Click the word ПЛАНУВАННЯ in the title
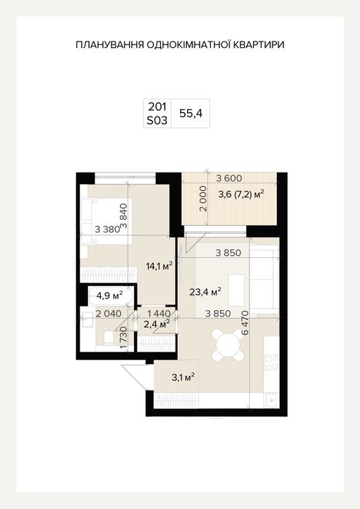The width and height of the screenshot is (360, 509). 109,45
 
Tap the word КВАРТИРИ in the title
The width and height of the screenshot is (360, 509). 258,45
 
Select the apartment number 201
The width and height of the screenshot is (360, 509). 157,106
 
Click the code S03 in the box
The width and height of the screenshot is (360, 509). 157,120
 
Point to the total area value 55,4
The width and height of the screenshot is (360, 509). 191,114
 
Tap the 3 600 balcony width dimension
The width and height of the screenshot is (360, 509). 229,178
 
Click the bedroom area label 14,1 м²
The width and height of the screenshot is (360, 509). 159,267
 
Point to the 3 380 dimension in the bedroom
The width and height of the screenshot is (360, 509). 108,229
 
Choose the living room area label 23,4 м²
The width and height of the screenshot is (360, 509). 206,291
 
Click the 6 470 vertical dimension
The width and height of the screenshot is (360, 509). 245,323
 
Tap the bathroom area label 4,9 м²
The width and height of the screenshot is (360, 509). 109,296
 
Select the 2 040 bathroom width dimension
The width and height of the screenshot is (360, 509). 109,314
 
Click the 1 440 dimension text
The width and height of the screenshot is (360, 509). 159,314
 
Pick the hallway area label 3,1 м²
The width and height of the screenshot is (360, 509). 184,377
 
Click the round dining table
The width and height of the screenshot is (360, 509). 228,345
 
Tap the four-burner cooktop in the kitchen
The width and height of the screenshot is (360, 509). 272,363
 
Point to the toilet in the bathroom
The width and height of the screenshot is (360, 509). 106,337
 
